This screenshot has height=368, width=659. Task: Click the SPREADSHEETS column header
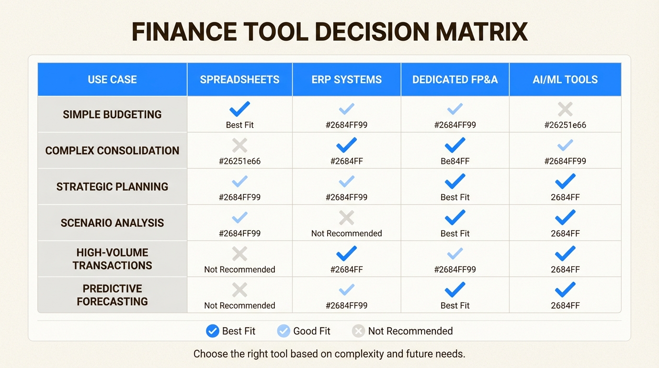point(239,80)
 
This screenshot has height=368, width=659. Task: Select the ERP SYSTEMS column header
point(347,80)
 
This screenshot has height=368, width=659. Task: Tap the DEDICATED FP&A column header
point(455,80)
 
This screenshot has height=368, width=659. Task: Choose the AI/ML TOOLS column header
point(565,80)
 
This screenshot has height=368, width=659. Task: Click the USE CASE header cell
point(112,80)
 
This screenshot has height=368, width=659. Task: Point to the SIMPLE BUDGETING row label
point(112,115)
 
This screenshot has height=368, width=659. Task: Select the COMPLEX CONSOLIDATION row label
point(112,150)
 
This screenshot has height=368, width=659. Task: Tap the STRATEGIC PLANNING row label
point(112,187)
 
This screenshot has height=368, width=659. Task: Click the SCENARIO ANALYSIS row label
point(112,223)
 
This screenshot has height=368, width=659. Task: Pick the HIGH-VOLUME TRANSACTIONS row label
point(112,259)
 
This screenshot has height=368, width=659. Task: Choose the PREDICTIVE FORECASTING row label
point(112,295)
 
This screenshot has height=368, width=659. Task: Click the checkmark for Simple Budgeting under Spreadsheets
point(239,109)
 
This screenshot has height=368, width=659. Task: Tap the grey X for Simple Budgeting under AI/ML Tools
point(565,109)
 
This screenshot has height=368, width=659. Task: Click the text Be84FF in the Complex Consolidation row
point(455,161)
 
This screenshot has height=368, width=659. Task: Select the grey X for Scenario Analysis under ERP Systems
point(347,218)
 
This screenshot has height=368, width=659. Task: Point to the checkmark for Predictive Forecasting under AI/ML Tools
point(565,289)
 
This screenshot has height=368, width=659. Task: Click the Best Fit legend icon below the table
point(212,331)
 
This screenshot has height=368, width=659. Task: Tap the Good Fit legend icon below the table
point(284,331)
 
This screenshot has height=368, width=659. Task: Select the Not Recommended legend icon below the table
point(358,331)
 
